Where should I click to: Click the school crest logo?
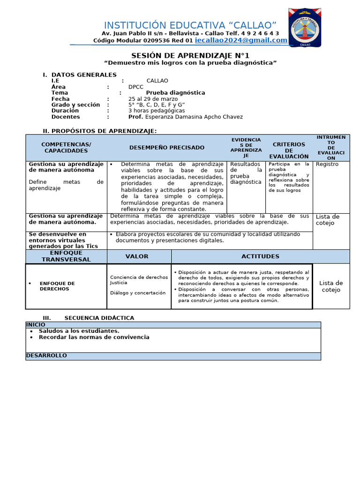point(305,28)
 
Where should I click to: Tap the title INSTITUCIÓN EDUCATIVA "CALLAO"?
point(190,25)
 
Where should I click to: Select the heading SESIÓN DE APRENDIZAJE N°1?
point(190,55)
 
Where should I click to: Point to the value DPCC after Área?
point(136,87)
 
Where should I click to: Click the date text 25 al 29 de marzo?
point(153,99)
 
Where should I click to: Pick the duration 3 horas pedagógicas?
point(157,111)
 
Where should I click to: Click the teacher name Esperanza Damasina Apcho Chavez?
point(194,117)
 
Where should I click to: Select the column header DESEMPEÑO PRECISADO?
point(167,147)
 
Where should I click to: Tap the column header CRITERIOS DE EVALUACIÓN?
point(289,150)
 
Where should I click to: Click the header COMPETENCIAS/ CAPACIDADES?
point(66,147)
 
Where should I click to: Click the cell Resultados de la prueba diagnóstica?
point(246,173)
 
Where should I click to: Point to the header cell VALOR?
point(137,256)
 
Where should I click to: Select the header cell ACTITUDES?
point(260,256)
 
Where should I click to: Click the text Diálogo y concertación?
point(138,293)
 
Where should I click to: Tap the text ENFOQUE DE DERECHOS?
point(57,286)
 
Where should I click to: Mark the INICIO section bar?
point(173,324)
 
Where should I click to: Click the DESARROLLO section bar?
point(173,356)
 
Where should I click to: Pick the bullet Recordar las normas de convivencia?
point(94,337)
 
